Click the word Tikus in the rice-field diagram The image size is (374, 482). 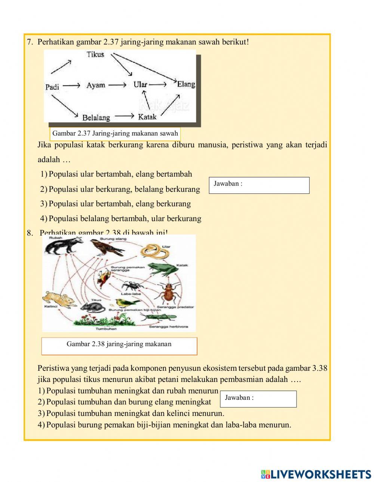point(95,55)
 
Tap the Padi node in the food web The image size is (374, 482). point(52,87)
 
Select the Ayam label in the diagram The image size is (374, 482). point(96,85)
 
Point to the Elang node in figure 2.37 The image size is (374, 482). point(186,84)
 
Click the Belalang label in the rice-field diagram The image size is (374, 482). point(96,118)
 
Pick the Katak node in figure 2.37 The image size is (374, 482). point(147,117)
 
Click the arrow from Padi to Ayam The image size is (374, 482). point(71,86)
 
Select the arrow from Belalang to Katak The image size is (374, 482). point(124,116)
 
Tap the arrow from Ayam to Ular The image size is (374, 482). point(118,85)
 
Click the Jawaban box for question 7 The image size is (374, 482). point(259,185)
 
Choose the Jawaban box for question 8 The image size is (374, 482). point(258,399)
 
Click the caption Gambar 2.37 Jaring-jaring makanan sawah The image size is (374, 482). point(115,133)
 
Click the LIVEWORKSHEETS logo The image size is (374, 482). point(316,474)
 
